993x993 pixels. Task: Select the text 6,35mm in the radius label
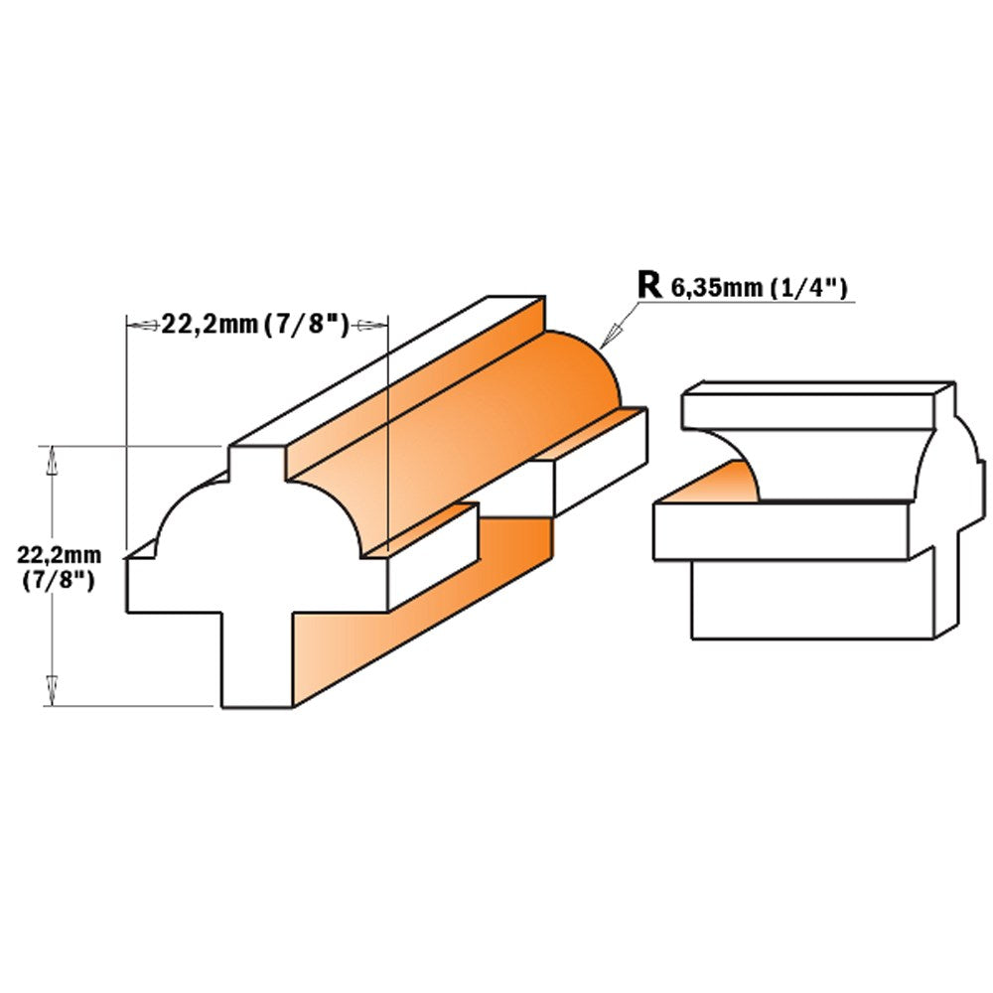coord(716,288)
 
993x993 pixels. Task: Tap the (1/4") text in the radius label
coord(807,288)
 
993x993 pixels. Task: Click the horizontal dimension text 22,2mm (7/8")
coord(256,325)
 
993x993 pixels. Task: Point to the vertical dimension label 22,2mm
coord(59,555)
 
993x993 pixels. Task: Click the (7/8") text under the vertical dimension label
coord(59,581)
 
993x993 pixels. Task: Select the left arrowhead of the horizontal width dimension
coord(143,326)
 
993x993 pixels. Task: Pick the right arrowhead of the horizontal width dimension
coord(370,326)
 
